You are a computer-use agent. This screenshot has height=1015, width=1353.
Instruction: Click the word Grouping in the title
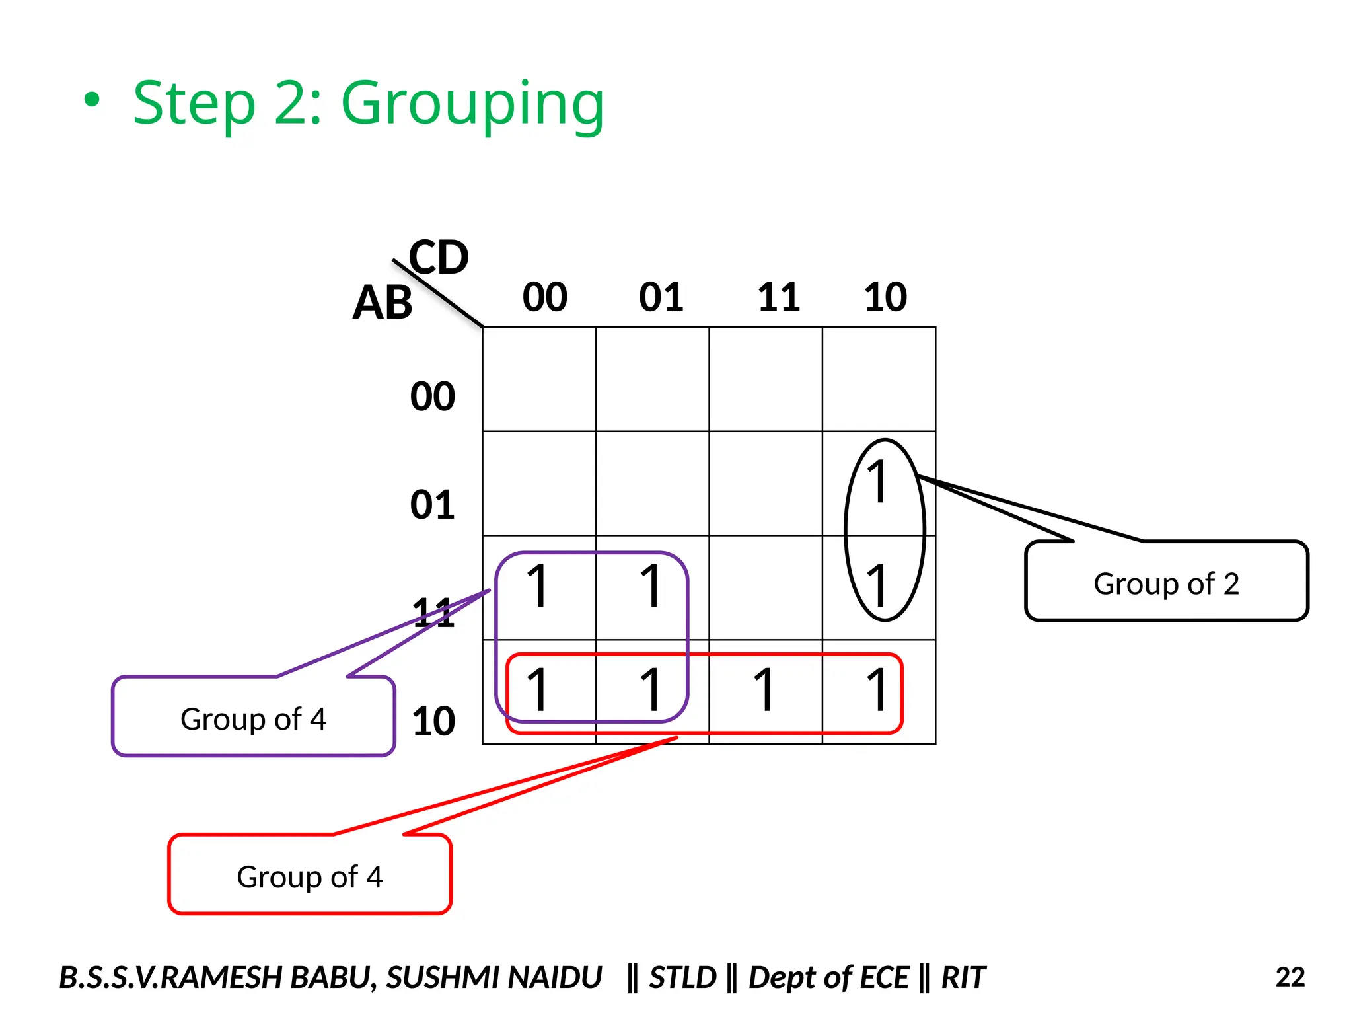(472, 104)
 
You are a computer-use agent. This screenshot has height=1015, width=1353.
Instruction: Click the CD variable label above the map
(439, 257)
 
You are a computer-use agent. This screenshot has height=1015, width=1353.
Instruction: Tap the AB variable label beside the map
(383, 303)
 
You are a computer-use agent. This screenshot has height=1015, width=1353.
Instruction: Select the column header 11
(778, 297)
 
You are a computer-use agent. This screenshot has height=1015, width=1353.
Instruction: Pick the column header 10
(885, 297)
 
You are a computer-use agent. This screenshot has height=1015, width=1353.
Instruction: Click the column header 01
(661, 297)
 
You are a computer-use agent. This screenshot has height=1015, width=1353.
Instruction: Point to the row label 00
(433, 396)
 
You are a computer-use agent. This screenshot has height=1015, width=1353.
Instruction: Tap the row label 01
(433, 505)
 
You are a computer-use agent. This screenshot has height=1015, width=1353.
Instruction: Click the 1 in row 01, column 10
(878, 482)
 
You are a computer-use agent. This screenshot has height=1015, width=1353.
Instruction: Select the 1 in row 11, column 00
(538, 585)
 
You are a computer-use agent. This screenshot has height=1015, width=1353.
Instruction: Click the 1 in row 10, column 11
(765, 690)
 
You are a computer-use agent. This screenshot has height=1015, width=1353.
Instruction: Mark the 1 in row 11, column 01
(651, 585)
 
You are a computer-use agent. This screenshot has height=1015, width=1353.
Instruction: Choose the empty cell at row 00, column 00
(539, 379)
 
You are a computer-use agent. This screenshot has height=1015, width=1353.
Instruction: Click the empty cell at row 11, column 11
(766, 587)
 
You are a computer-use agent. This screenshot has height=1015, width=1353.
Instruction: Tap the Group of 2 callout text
(1166, 583)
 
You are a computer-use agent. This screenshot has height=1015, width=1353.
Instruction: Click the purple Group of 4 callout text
(253, 719)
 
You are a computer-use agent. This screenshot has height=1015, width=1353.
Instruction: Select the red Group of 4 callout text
(310, 877)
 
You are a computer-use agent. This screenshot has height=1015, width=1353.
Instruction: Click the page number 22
(1290, 977)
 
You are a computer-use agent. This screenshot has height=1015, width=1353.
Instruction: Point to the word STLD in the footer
(682, 977)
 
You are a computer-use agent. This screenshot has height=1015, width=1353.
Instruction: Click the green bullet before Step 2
(92, 100)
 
